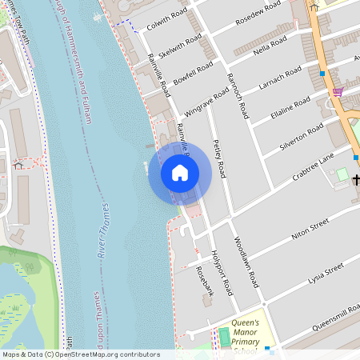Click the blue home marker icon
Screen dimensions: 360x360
[180, 173]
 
